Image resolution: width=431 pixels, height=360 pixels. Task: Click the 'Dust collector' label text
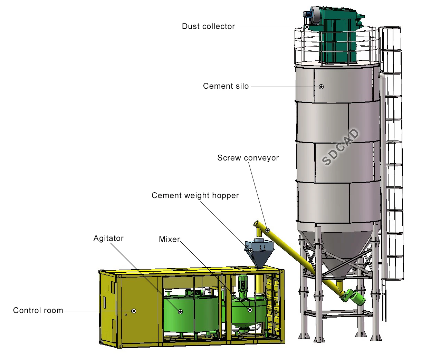(208, 27)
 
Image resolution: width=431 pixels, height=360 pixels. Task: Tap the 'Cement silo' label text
(226, 86)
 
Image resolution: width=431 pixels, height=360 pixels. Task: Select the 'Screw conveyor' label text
(248, 158)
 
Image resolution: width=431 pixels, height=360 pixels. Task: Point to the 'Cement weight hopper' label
(195, 196)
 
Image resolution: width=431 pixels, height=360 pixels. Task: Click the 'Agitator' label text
(108, 239)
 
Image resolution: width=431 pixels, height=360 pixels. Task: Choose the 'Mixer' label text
(169, 240)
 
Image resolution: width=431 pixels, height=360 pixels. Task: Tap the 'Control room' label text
(38, 311)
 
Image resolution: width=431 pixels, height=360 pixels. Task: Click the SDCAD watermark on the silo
(341, 147)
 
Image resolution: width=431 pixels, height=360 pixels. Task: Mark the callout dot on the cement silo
(321, 87)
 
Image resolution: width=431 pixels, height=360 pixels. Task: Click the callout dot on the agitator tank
(180, 312)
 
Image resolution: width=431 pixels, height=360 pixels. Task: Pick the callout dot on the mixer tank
(250, 310)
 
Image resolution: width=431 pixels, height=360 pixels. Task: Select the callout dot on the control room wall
(134, 311)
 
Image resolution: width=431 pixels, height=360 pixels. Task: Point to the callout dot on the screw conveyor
(267, 230)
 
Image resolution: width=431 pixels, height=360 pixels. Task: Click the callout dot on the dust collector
(307, 27)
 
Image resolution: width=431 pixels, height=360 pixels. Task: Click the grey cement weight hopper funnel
(260, 255)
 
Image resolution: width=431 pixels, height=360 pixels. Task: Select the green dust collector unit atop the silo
(337, 38)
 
